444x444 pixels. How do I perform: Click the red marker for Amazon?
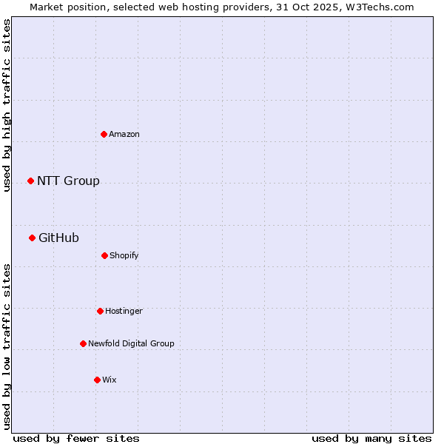click(104, 134)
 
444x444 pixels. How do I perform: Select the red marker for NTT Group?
click(31, 181)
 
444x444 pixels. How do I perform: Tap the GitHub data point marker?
click(33, 238)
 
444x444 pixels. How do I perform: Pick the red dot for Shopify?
click(104, 255)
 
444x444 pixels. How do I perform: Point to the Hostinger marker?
click(100, 311)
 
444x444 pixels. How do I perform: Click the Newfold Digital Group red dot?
click(83, 343)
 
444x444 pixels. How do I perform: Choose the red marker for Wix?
click(97, 380)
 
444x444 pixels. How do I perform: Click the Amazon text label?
click(124, 134)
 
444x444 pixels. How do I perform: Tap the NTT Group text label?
click(68, 181)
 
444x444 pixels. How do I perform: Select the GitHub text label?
click(58, 238)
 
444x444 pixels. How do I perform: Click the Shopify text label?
click(124, 255)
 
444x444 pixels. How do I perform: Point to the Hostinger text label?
click(124, 311)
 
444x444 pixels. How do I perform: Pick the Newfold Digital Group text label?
click(131, 343)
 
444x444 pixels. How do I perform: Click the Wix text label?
click(110, 380)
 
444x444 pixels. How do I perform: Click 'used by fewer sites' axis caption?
click(76, 438)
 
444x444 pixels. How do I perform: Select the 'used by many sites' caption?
click(371, 438)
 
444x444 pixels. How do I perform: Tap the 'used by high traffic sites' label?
click(7, 105)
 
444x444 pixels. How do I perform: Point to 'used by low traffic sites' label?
click(7, 346)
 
